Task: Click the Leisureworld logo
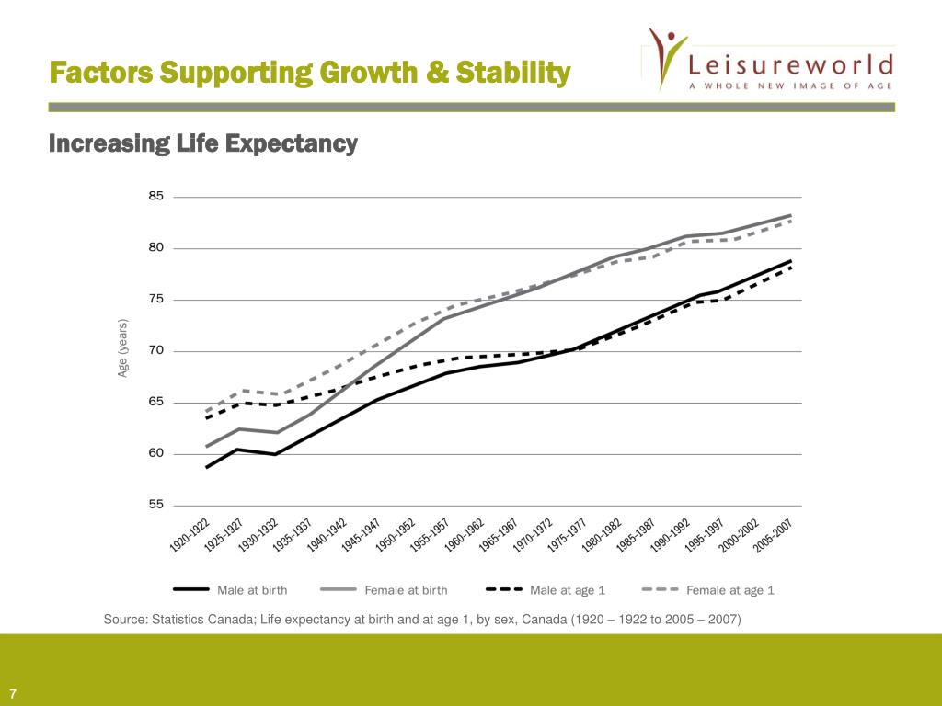[x=768, y=60]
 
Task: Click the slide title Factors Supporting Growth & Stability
[x=309, y=72]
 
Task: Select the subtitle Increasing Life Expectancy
[x=202, y=144]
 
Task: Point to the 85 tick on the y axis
[x=155, y=197]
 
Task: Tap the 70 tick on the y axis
[x=155, y=351]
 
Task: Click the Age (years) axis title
[x=122, y=348]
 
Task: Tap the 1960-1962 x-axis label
[x=464, y=535]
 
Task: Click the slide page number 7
[x=14, y=692]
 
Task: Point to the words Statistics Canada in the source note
[x=201, y=620]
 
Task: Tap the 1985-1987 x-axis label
[x=635, y=535]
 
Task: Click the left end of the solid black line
[x=181, y=467]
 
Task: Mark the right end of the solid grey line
[x=791, y=215]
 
